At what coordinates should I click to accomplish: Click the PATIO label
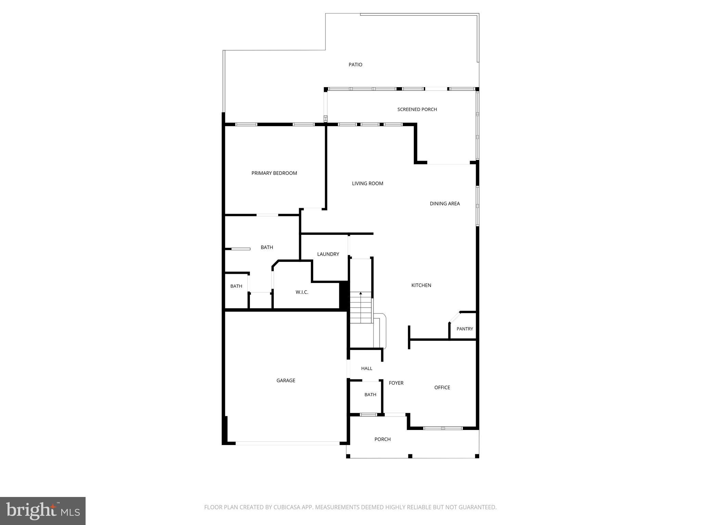(355, 65)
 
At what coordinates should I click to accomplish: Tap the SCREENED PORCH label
(417, 109)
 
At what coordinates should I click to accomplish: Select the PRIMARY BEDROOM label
(274, 173)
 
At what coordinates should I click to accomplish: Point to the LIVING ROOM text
(367, 184)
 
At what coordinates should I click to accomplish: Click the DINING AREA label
(445, 204)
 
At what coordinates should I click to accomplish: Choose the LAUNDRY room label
(328, 254)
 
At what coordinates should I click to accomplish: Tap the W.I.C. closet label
(302, 292)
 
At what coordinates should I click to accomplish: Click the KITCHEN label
(421, 285)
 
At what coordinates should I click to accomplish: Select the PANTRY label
(464, 329)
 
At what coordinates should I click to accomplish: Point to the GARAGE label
(286, 380)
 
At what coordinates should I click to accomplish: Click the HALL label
(367, 368)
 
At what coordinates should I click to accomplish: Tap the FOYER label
(396, 383)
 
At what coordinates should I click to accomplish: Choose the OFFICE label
(442, 388)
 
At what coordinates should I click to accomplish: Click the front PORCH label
(382, 439)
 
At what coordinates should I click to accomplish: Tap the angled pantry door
(455, 317)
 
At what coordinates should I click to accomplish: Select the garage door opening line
(288, 443)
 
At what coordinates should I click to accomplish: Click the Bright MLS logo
(43, 511)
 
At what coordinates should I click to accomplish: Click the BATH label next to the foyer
(370, 395)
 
